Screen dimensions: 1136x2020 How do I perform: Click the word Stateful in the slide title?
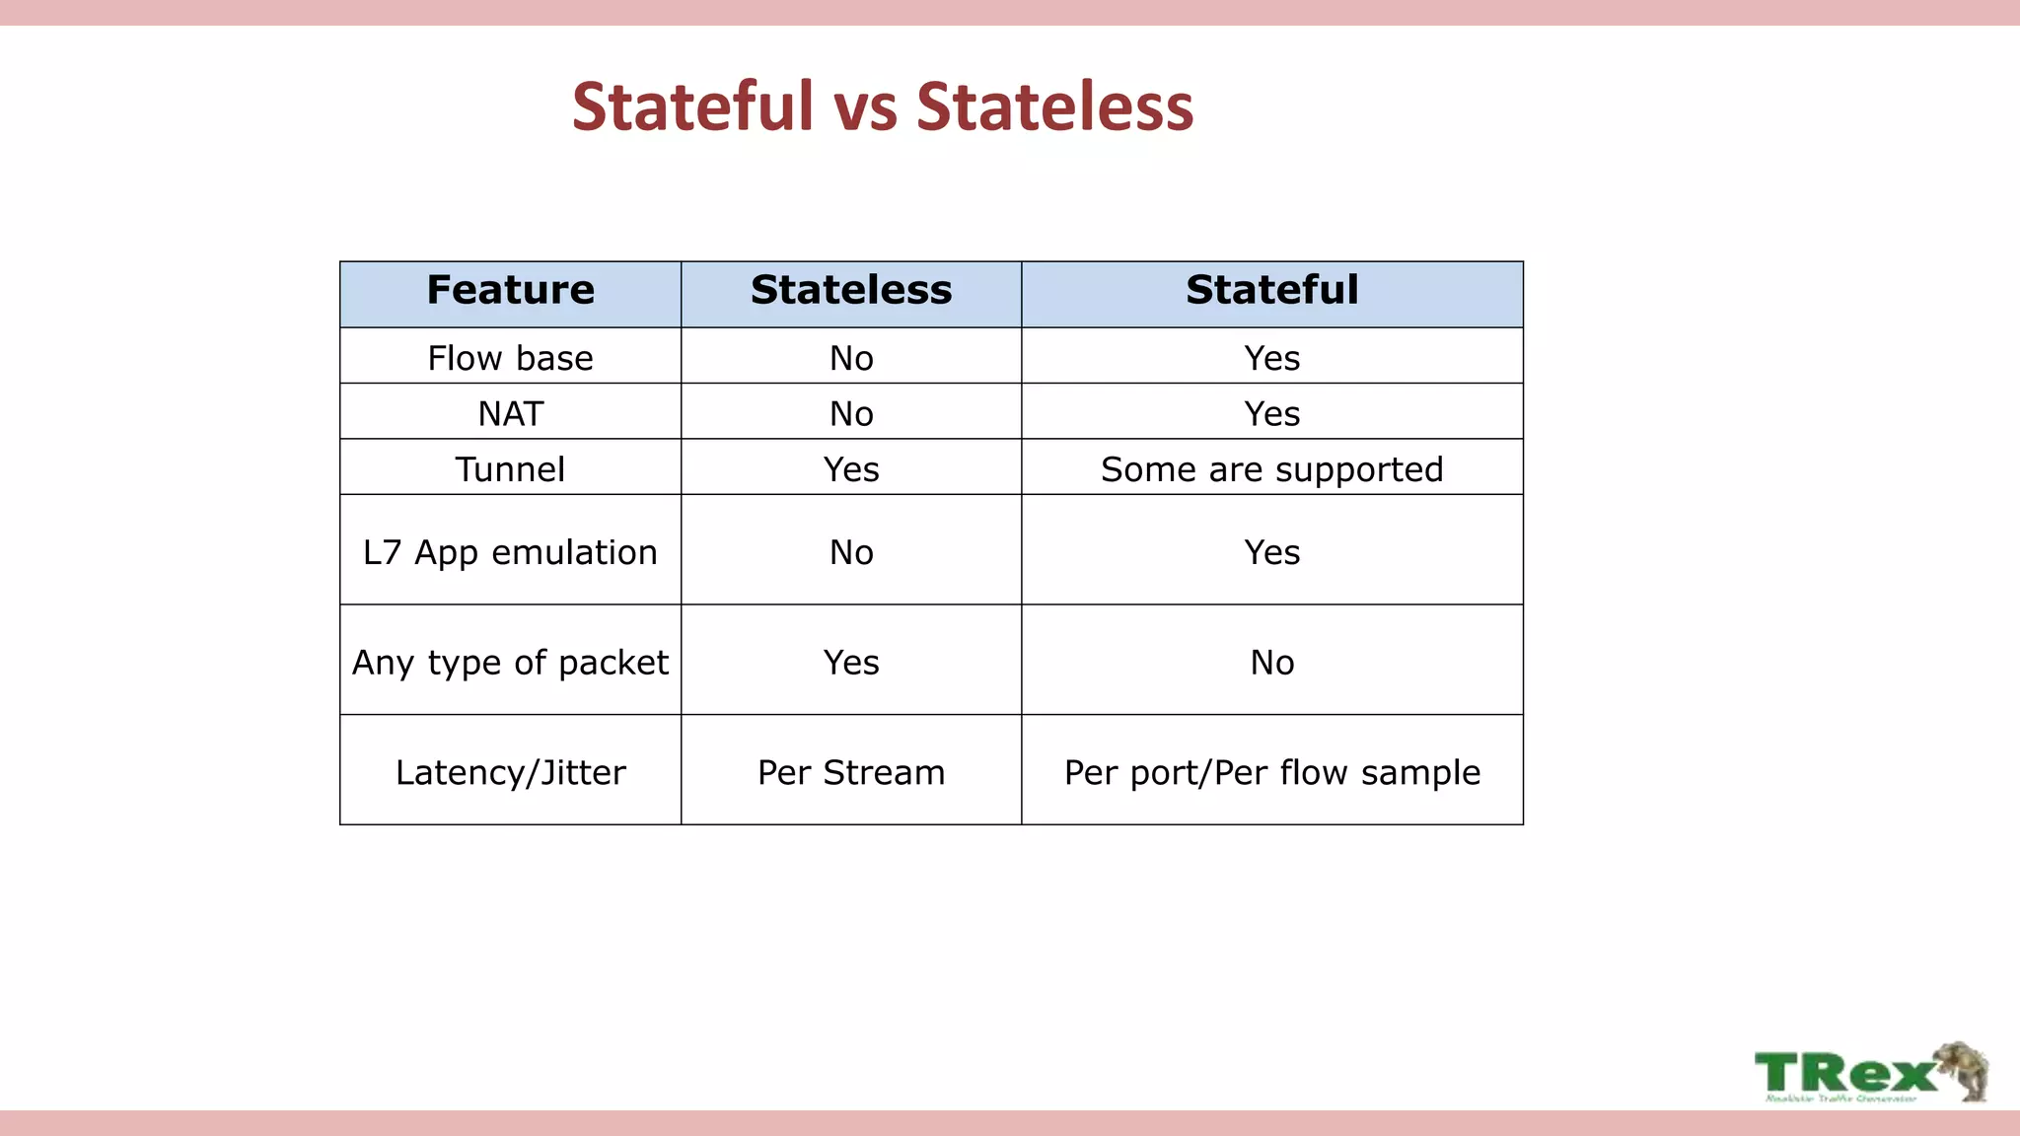pyautogui.click(x=692, y=106)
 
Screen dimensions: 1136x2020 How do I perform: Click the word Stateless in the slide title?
pyautogui.click(x=1054, y=106)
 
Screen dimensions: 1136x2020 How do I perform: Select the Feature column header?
pyautogui.click(x=510, y=290)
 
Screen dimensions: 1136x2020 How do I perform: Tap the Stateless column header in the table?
pyautogui.click(x=851, y=290)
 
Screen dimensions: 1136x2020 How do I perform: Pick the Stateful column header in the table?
pyautogui.click(x=1271, y=290)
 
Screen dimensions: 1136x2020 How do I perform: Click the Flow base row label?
pyautogui.click(x=510, y=358)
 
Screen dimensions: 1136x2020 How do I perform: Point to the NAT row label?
pyautogui.click(x=510, y=413)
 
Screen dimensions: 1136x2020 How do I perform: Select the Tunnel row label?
pyautogui.click(x=510, y=469)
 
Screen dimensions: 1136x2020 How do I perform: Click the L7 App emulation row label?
pyautogui.click(x=510, y=552)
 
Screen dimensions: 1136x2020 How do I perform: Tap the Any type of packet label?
pyautogui.click(x=510, y=662)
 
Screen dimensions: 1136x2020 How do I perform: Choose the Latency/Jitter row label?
pyautogui.click(x=510, y=772)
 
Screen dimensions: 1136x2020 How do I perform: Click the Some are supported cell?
pyautogui.click(x=1271, y=469)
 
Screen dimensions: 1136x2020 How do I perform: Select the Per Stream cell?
pyautogui.click(x=851, y=772)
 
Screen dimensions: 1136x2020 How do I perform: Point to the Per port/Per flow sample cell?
pyautogui.click(x=1271, y=772)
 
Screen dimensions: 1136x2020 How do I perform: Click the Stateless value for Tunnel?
pyautogui.click(x=851, y=469)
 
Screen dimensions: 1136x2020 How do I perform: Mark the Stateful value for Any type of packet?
pyautogui.click(x=1271, y=662)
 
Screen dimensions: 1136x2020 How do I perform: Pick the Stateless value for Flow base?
pyautogui.click(x=851, y=358)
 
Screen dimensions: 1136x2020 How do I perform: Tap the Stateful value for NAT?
pyautogui.click(x=1271, y=413)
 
